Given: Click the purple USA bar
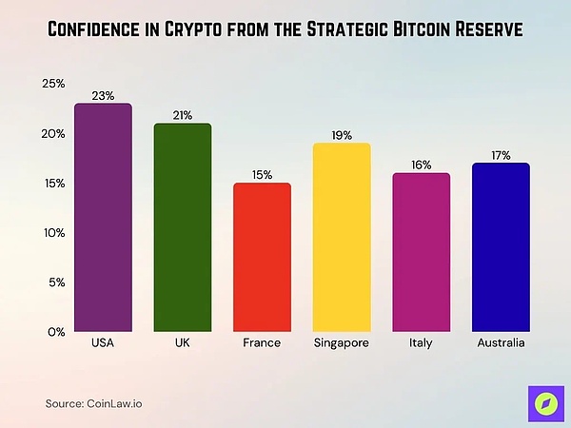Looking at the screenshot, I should pos(103,219).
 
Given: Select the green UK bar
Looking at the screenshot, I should pos(183,228).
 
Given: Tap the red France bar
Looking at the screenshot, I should pos(262,257).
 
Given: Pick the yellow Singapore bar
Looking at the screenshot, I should pos(342,238).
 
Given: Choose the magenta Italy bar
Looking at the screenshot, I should pos(422,252).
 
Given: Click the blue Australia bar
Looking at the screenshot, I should pos(501,247).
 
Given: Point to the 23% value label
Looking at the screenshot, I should pos(103,95).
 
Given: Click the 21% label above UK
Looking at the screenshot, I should pos(183,115).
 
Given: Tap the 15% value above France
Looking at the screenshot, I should pos(262,174).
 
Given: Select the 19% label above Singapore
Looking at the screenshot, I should pos(342,135).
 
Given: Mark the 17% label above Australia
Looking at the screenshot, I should pos(501,155).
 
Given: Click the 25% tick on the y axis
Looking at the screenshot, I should pos(53,84).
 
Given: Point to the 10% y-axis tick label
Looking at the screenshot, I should pos(53,232).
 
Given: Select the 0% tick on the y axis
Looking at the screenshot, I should pos(56,331).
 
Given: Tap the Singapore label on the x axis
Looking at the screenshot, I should pos(342,342).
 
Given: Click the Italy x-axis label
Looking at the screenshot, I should pos(422,342).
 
